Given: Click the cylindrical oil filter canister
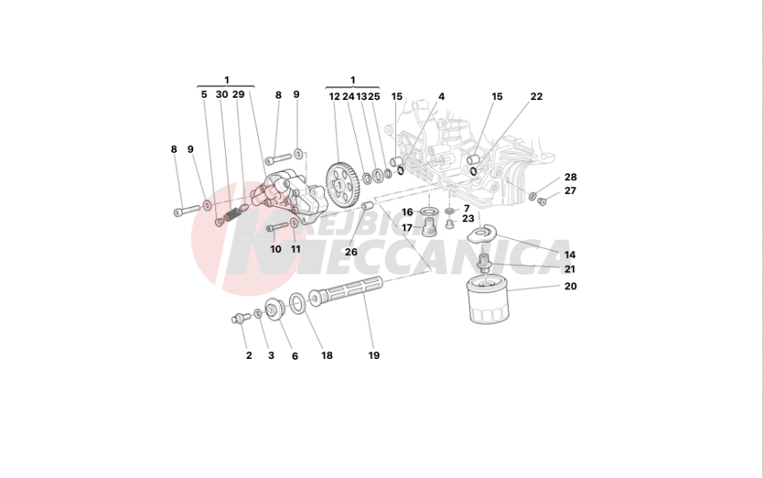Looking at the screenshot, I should pos(486,302).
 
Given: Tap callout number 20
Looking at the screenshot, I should pos(571,286).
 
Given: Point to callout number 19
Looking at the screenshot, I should pos(374,355).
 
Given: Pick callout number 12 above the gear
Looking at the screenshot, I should pos(334,97).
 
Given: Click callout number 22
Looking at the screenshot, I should pos(536,97).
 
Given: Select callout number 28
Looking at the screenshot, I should pos(571,177).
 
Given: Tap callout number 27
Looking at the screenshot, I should pos(571,191).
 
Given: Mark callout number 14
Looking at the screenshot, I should pos(571,255).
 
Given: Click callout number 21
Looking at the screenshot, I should pos(571,270).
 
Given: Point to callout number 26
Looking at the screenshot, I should pos(350,252).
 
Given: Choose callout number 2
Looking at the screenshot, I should pos(249,355).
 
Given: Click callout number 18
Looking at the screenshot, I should pos(327,355).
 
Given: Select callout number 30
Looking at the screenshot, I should pos(221,95).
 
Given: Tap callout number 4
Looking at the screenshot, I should pos(441,97).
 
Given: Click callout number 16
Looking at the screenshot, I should pos(407,212).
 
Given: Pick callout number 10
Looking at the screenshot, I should pos(275,249).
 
